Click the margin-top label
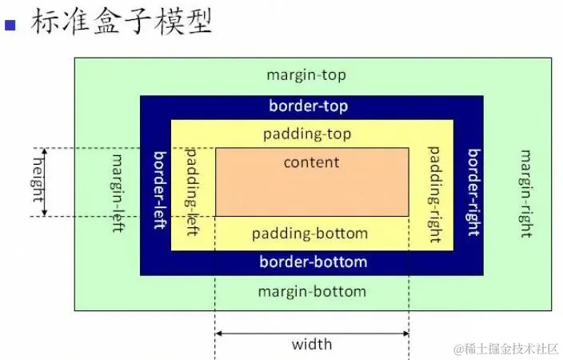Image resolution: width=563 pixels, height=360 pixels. click(x=306, y=75)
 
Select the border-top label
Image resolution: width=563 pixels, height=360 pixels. click(x=309, y=106)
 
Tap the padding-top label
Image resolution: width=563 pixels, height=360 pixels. click(x=307, y=134)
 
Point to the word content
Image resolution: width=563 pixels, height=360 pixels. click(x=311, y=162)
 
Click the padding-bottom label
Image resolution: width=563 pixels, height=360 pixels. click(x=309, y=234)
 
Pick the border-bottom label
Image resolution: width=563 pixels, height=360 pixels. click(x=313, y=262)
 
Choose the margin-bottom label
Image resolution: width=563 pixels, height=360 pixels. click(x=312, y=291)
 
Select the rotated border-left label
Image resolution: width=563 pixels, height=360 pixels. click(x=161, y=190)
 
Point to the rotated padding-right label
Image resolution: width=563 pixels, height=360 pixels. click(x=435, y=194)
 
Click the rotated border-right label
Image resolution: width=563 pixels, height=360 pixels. click(x=474, y=192)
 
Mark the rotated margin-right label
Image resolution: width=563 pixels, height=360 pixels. click(x=526, y=194)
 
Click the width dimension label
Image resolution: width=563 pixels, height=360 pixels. click(x=312, y=344)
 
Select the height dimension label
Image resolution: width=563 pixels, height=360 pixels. click(x=38, y=180)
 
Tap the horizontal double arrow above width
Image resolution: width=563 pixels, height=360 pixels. click(x=312, y=334)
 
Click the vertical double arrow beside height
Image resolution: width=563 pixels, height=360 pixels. click(x=45, y=182)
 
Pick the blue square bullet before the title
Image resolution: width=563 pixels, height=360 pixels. click(x=10, y=25)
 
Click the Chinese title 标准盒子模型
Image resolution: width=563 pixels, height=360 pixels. click(x=122, y=22)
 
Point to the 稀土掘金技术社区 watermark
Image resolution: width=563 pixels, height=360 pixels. click(x=506, y=349)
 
